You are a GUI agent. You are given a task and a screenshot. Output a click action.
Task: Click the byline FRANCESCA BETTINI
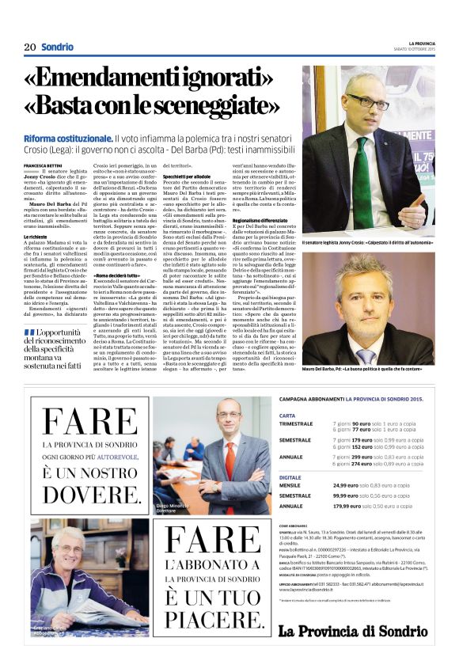tap(43, 163)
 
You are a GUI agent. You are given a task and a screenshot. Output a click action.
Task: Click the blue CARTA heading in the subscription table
tap(288, 415)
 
